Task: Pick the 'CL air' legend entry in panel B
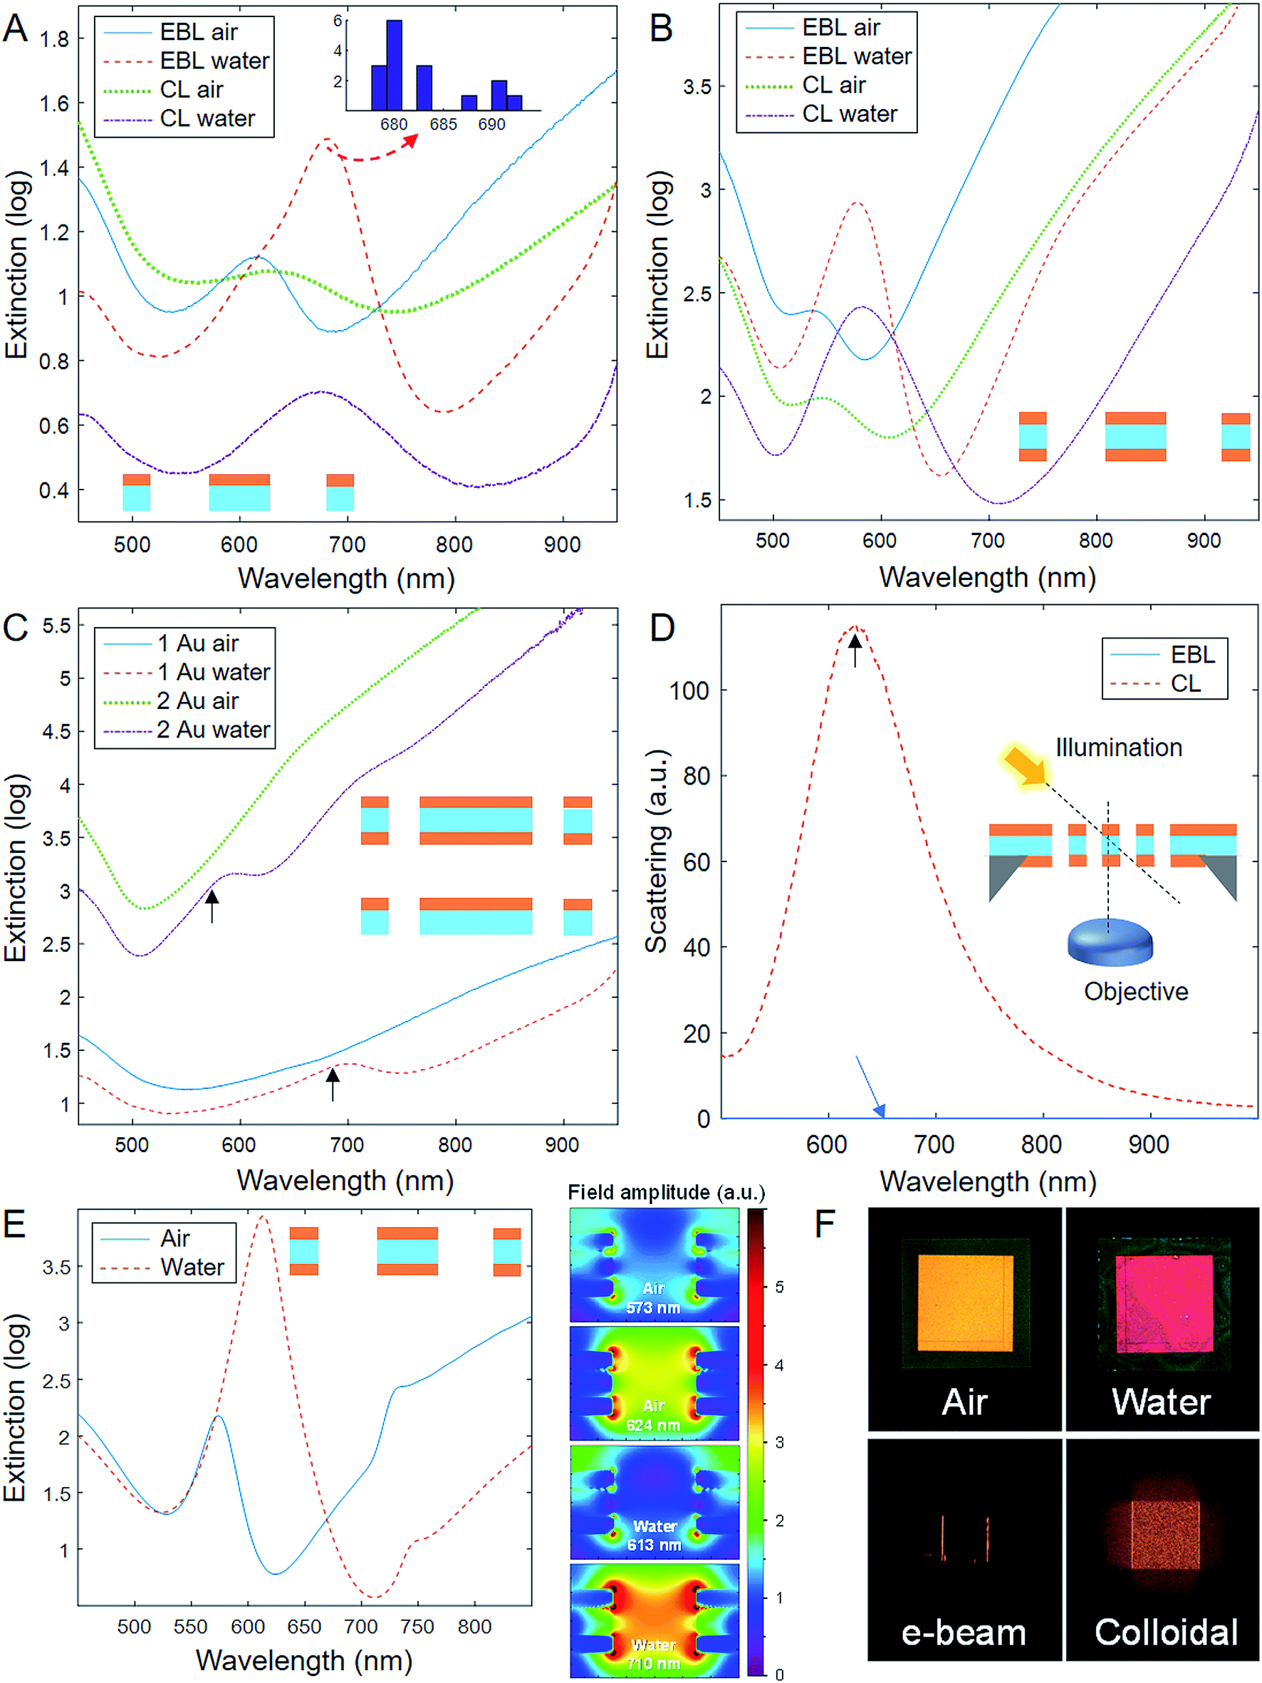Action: (834, 86)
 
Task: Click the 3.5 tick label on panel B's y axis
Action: (697, 87)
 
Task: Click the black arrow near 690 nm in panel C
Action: (333, 1084)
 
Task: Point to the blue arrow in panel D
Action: (870, 1087)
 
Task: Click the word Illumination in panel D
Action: (1117, 747)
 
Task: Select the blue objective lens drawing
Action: (1110, 943)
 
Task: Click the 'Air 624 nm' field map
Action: (654, 1383)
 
